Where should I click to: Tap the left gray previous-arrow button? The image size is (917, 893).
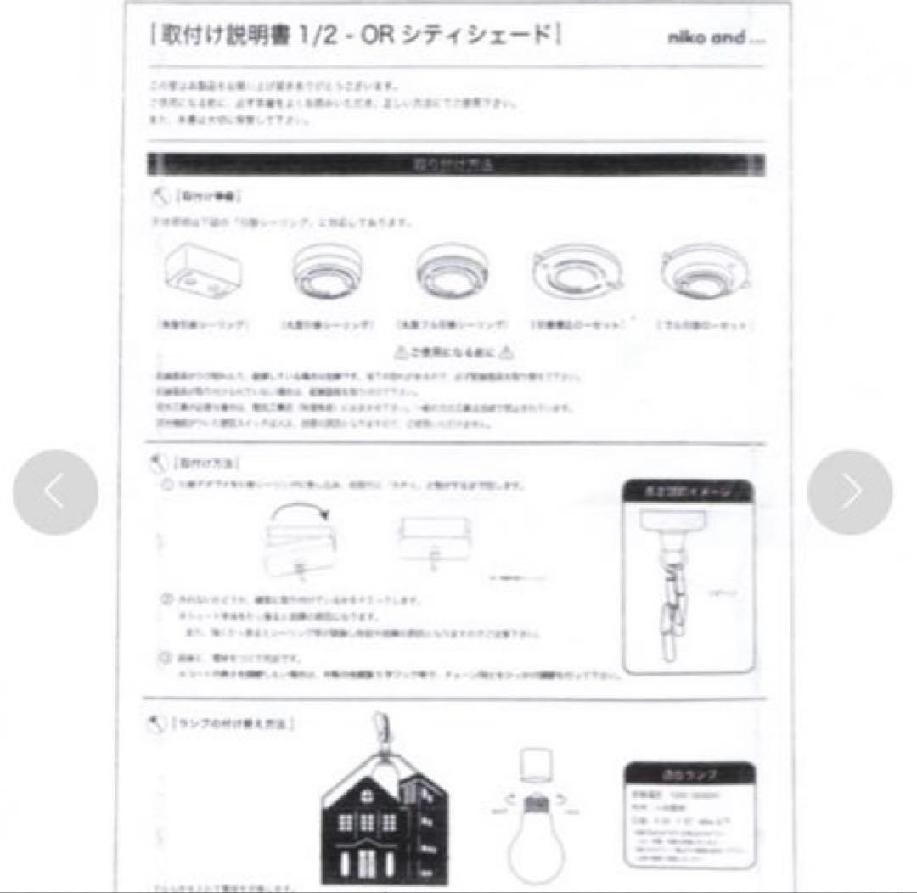[x=55, y=492]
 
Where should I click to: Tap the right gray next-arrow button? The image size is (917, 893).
[x=850, y=492]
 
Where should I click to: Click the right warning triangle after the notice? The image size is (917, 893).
[x=506, y=351]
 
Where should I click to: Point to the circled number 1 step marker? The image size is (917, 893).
[x=167, y=485]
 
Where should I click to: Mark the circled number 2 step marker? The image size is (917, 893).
[x=167, y=599]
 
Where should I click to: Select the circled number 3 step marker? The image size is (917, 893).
[x=167, y=658]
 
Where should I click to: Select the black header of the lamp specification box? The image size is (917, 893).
[x=689, y=774]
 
